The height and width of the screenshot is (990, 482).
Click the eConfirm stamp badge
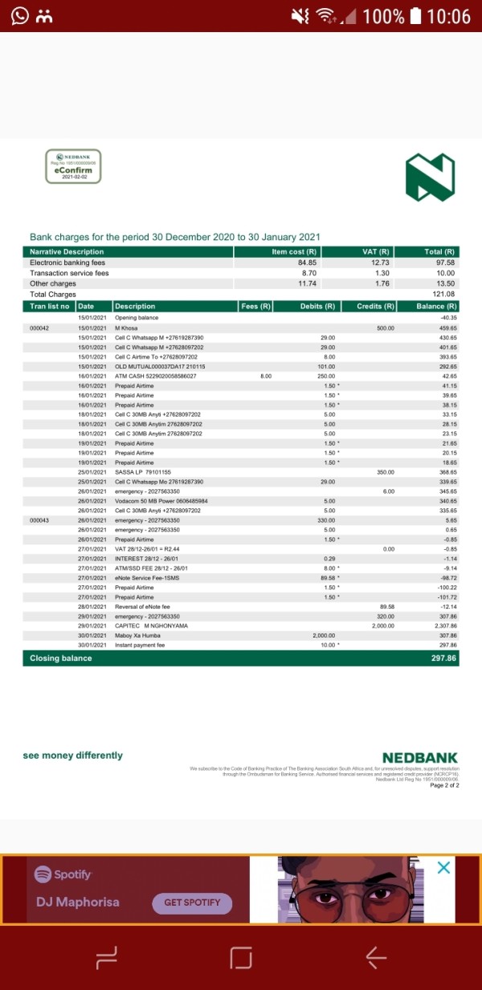click(x=73, y=166)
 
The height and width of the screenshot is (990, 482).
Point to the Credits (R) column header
click(x=376, y=306)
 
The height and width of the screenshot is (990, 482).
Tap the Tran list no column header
click(x=50, y=306)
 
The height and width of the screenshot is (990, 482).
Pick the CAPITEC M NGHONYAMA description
click(x=152, y=625)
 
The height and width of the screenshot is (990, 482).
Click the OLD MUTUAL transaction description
click(x=160, y=366)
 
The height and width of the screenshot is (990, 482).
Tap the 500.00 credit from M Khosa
click(x=386, y=328)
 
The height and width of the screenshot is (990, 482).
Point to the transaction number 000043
click(x=39, y=520)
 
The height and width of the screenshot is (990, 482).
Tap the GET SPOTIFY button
click(x=192, y=902)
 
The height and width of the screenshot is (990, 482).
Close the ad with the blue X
click(x=443, y=869)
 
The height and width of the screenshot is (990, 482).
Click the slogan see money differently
click(x=73, y=756)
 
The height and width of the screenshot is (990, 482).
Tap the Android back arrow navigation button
click(x=375, y=956)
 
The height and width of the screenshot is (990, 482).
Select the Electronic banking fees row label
click(x=67, y=263)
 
